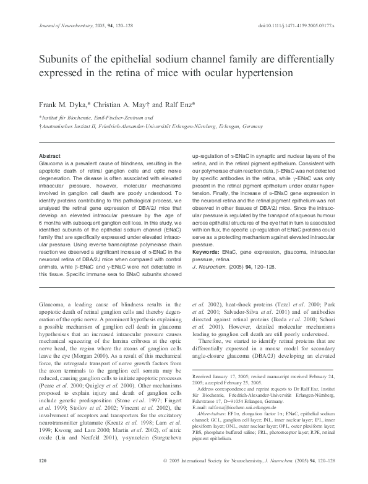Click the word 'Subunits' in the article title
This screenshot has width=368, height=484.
[61, 61]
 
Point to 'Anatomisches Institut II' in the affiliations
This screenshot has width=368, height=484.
[70, 126]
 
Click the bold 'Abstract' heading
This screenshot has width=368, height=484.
[49, 155]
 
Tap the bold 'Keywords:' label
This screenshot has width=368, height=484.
[208, 253]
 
